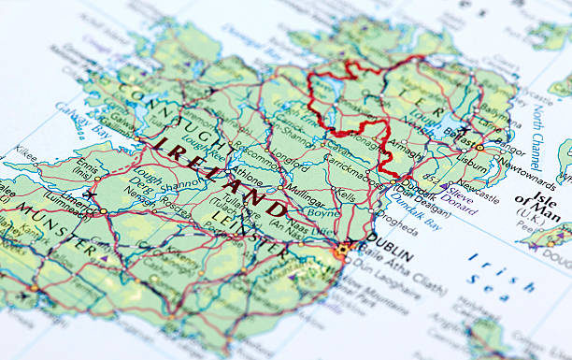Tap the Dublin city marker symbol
[x=344, y=249]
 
